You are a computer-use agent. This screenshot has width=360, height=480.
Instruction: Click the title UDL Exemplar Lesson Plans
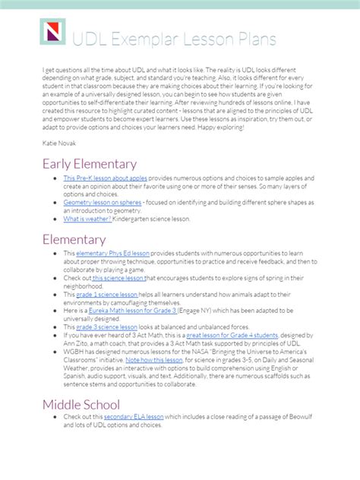point(174,39)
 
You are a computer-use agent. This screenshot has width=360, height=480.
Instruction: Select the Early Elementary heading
point(90,164)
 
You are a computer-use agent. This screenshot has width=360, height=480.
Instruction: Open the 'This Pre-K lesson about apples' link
point(106,178)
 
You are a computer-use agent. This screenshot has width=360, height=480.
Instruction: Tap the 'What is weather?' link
point(87,219)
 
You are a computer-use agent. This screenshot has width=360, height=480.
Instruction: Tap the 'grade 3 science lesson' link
point(107,327)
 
